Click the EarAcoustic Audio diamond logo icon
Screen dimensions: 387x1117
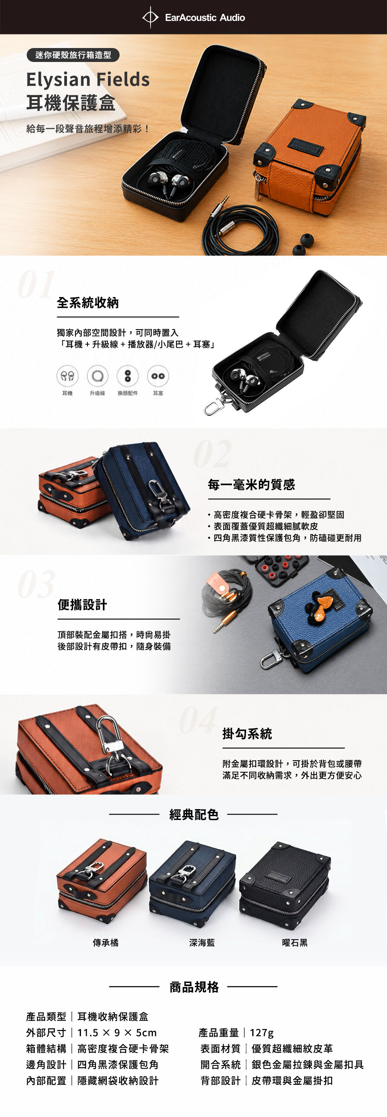coord(151,17)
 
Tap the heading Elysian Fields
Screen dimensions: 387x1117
coord(88,80)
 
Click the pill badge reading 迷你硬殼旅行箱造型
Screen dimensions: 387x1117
coord(73,55)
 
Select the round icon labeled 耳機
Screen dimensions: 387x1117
coord(67,376)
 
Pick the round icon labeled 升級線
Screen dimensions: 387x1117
coord(98,376)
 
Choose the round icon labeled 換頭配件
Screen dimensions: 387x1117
coord(128,376)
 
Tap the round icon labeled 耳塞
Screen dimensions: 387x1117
coord(158,376)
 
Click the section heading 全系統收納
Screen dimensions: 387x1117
coord(88,302)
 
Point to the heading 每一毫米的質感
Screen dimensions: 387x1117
coord(251,485)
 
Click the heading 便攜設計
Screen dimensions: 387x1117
coord(82,605)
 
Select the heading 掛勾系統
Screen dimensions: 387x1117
coord(247,734)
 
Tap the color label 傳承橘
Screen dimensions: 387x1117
coord(106,943)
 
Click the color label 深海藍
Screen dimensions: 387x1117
coord(202,943)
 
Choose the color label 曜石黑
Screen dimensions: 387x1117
coord(295,943)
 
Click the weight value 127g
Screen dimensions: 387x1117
coord(262,1033)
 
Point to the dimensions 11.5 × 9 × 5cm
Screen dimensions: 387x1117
coord(117,1033)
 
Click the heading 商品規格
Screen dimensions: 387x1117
coord(194,987)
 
